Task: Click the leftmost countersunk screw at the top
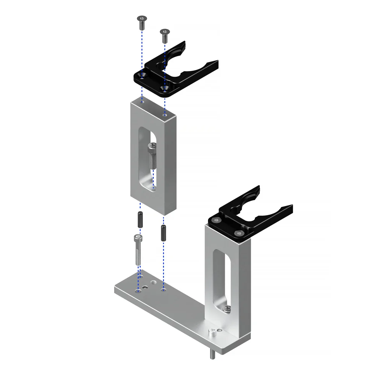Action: [x=141, y=23]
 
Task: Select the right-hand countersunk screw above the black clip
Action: [x=164, y=35]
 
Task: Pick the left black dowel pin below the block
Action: [x=140, y=219]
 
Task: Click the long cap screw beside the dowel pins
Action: [x=138, y=250]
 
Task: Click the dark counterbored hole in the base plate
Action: [x=145, y=288]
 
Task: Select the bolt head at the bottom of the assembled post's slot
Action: [x=227, y=309]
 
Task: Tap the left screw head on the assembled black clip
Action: [x=215, y=220]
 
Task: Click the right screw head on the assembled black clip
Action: [x=237, y=233]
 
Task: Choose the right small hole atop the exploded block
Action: [x=164, y=115]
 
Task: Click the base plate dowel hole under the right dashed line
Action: [x=163, y=290]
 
